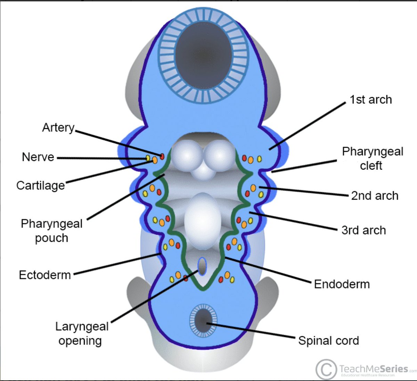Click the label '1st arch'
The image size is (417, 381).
[x=370, y=100]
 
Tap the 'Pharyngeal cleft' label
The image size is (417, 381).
[x=372, y=158]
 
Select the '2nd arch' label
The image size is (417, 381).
[x=374, y=196]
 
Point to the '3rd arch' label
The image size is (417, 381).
[x=363, y=230]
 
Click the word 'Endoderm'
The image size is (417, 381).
[x=342, y=284]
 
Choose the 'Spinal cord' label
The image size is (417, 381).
[x=328, y=341]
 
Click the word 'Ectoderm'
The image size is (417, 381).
[x=45, y=275]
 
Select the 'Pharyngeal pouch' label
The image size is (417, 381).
[x=51, y=231]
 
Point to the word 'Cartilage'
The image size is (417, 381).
[x=41, y=185]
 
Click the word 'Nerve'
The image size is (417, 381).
[x=38, y=157]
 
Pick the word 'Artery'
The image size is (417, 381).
[x=58, y=127]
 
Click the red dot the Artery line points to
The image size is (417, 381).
[x=162, y=156]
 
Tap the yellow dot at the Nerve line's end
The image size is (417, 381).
[x=148, y=158]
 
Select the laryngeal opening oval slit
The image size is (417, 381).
[x=202, y=266]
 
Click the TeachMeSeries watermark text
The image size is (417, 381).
[x=373, y=368]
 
